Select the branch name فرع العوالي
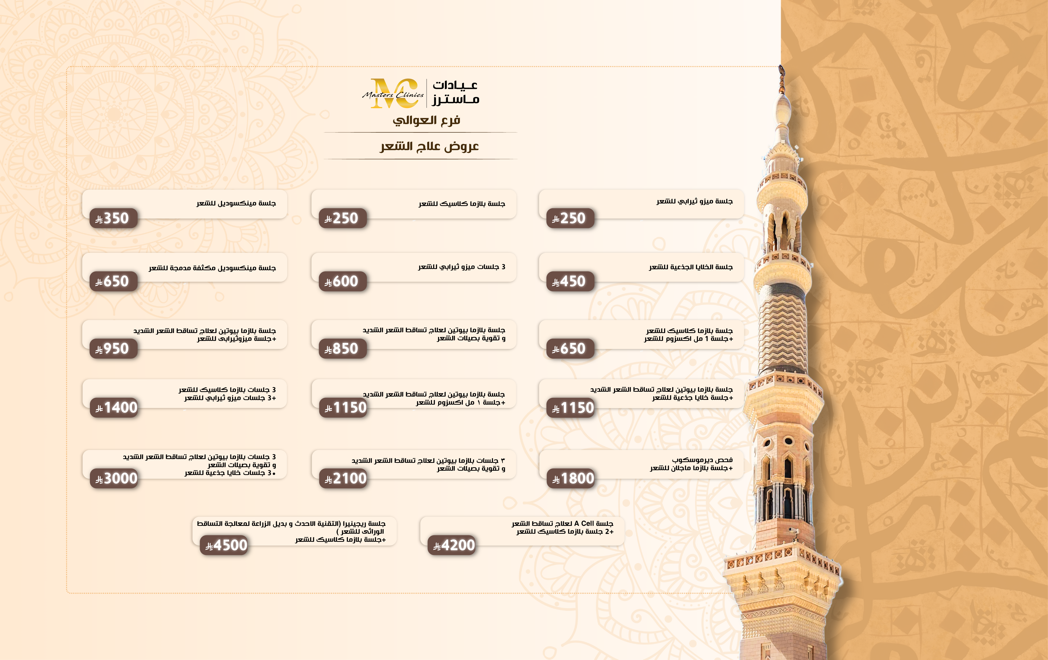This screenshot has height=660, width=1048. pyautogui.click(x=426, y=120)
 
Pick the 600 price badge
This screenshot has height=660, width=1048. pyautogui.click(x=343, y=281)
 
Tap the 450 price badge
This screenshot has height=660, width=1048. pyautogui.click(x=570, y=281)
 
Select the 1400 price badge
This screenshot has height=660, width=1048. pyautogui.click(x=114, y=408)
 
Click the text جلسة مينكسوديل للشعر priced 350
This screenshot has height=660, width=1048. pyautogui.click(x=236, y=203)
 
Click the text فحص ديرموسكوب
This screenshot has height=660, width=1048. pyautogui.click(x=702, y=460)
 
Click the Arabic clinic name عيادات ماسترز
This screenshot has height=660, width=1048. pyautogui.click(x=455, y=92)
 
